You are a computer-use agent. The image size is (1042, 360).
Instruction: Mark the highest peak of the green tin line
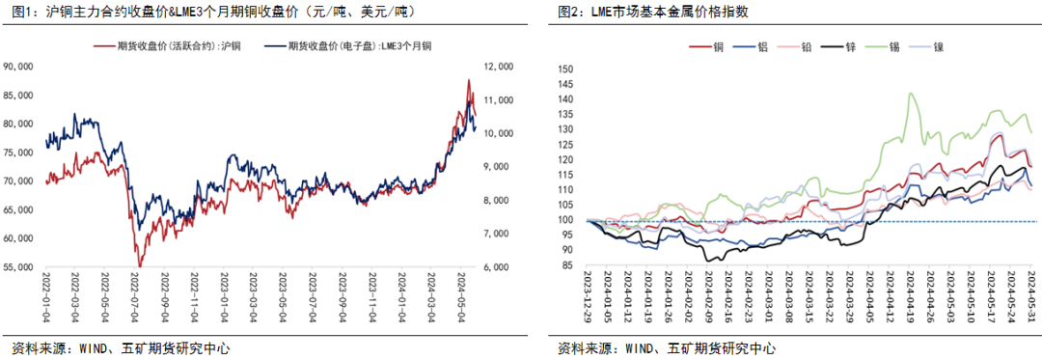909,93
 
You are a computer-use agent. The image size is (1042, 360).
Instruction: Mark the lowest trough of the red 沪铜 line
139,265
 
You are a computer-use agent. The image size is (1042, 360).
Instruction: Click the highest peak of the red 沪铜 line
469,80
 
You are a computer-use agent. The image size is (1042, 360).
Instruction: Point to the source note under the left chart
120,348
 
